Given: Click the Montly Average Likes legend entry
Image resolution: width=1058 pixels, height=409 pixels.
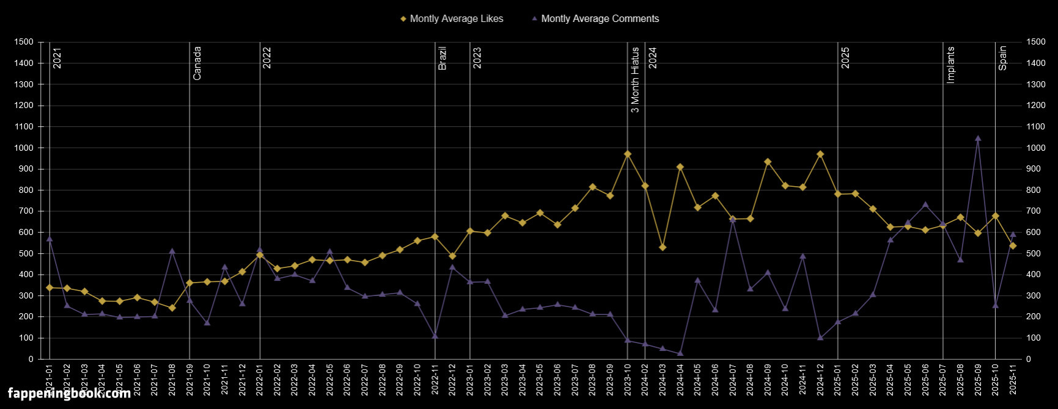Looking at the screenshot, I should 452,19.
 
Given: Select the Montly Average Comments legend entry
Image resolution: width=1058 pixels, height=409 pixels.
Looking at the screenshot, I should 595,19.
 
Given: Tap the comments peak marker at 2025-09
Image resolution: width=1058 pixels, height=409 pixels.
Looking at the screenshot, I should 978,138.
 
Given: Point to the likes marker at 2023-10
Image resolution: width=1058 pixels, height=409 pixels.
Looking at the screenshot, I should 628,154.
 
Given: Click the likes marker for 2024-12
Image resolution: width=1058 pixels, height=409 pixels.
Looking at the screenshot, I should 820,154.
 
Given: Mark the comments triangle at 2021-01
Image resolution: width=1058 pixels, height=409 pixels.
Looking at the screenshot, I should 50,239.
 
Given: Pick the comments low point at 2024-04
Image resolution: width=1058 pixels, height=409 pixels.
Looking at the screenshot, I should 680,353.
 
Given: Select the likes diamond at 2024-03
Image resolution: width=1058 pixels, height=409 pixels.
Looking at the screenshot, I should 663,247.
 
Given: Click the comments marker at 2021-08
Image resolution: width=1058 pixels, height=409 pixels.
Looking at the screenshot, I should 172,251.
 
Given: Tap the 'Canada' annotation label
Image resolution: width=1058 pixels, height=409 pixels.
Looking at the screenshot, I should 197,63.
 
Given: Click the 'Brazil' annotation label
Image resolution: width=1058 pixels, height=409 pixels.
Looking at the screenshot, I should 443,58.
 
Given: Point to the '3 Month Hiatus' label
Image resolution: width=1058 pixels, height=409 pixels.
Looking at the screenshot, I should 635,80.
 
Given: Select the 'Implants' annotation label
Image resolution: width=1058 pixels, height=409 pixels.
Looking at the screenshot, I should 950,64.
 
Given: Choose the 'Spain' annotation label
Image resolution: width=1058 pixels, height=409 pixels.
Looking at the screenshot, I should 1003,58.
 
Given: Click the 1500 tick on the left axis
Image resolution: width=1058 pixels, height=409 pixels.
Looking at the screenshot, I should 24,42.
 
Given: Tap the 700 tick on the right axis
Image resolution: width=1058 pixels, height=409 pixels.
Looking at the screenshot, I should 1036,211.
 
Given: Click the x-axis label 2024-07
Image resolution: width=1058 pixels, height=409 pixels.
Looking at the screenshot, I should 733,379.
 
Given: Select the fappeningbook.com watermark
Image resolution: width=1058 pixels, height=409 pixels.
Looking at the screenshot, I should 69,393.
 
